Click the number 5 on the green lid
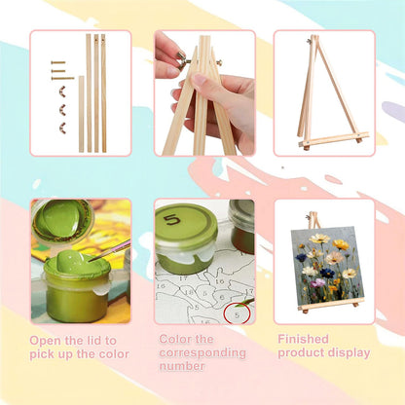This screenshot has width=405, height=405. pos(172,220)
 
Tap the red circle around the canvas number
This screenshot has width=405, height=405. pos(238,313)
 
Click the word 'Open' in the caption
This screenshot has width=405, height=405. pos(45,341)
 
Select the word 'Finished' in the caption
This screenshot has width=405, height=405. pos(303,339)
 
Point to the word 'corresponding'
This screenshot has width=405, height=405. pos(202,352)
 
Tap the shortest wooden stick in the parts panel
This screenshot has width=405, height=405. pos(81,114)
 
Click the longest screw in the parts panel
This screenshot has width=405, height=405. pos(62,78)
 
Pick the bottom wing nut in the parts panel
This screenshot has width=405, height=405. pos(62,128)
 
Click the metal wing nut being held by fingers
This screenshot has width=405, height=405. pos(183,60)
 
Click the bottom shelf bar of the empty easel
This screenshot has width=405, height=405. pos(334,139)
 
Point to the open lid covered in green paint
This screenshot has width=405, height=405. pos(61,218)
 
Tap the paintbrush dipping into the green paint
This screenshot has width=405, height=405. pos(110,250)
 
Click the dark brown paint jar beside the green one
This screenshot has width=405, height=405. pos(241,226)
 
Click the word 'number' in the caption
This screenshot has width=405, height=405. pos(182,366)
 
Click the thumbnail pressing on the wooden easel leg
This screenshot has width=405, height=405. pos(200,79)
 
